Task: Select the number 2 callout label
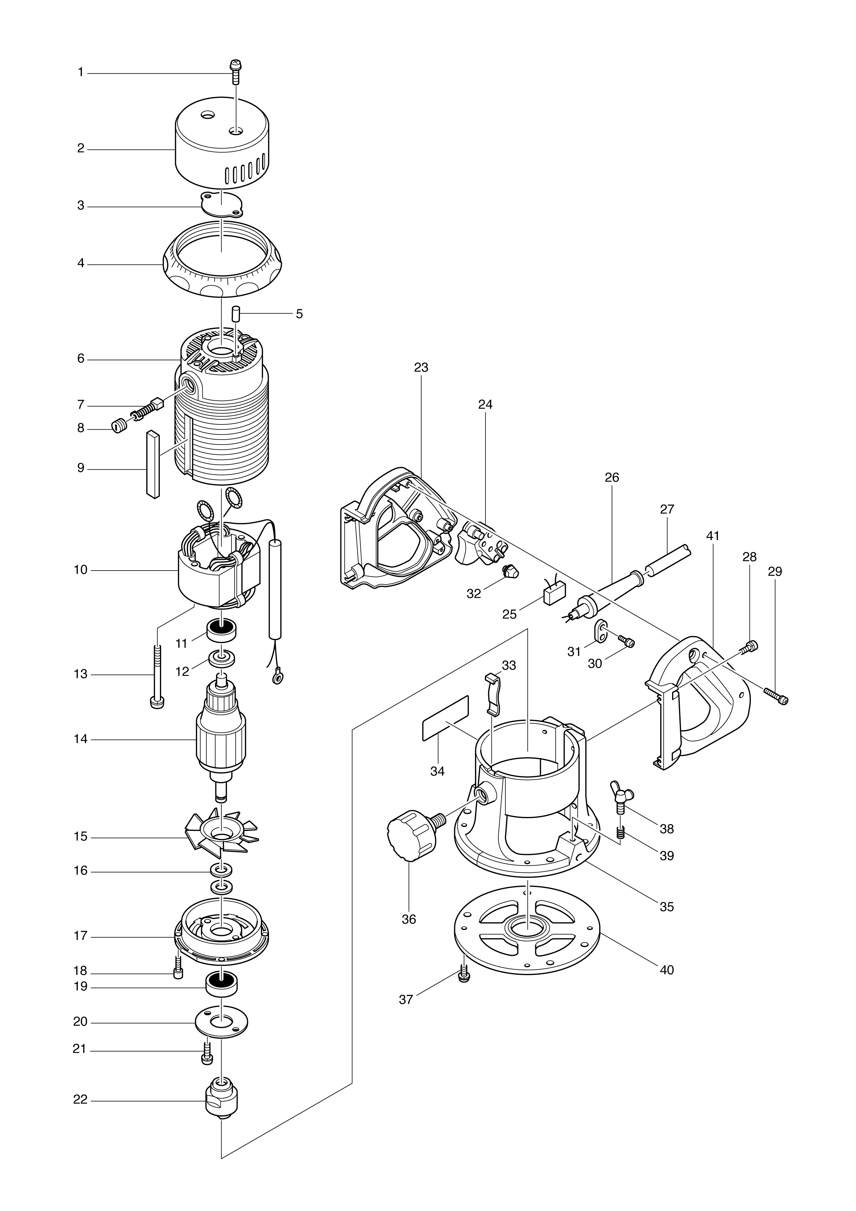81,149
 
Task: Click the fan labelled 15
221,836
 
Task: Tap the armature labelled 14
221,738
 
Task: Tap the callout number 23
421,368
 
